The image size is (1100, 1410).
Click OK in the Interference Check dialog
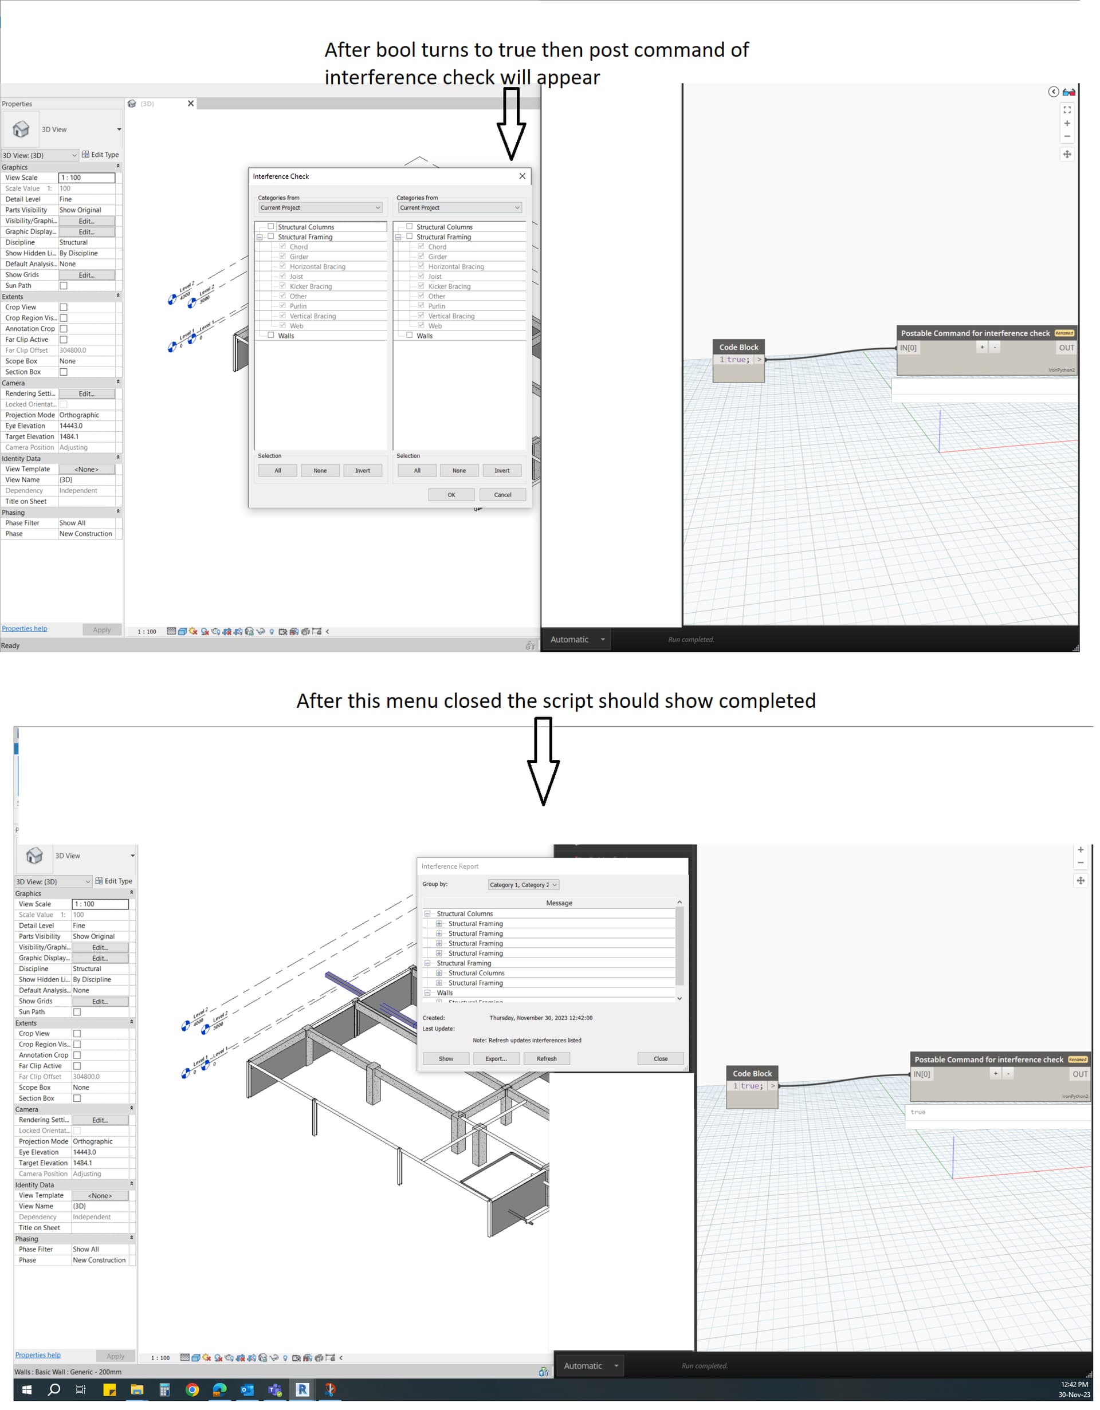pos(451,495)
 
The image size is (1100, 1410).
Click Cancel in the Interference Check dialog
pos(502,495)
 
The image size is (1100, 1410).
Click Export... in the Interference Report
pos(496,1058)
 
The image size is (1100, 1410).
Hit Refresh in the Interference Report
pos(546,1058)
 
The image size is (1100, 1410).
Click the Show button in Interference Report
pos(445,1058)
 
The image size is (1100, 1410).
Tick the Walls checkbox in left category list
pos(270,335)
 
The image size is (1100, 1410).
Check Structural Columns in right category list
pos(409,227)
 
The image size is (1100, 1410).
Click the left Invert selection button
pos(362,471)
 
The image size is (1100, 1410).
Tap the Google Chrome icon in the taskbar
pos(192,1389)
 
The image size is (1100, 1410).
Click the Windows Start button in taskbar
pos(26,1389)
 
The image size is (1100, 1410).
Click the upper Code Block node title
pos(738,346)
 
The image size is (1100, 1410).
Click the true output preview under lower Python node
pos(917,1112)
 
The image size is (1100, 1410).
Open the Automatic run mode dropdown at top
pos(577,639)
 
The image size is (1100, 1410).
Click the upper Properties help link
pos(24,628)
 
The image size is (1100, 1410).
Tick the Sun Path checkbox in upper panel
pos(63,285)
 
